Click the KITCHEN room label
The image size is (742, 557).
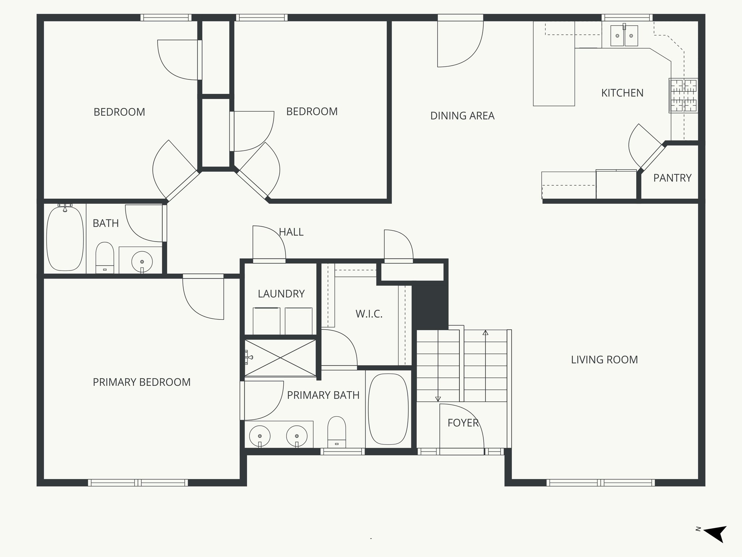[622, 93]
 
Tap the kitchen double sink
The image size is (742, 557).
[624, 36]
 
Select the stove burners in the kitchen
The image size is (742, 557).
[683, 95]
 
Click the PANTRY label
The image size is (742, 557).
[672, 178]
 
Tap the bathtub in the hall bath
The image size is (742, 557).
[65, 238]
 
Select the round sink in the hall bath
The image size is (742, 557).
[142, 261]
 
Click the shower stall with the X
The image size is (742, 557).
[280, 358]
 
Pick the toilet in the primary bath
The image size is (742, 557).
[337, 432]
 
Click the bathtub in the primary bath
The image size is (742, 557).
[388, 409]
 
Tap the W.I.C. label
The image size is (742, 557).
[369, 314]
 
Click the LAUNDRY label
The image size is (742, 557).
[281, 294]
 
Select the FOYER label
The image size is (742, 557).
[463, 423]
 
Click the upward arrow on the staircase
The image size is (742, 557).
[485, 333]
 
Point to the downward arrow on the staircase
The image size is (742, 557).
[438, 398]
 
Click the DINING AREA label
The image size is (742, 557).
[462, 116]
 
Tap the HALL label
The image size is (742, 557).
[291, 232]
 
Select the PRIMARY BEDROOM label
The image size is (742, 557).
[142, 382]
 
